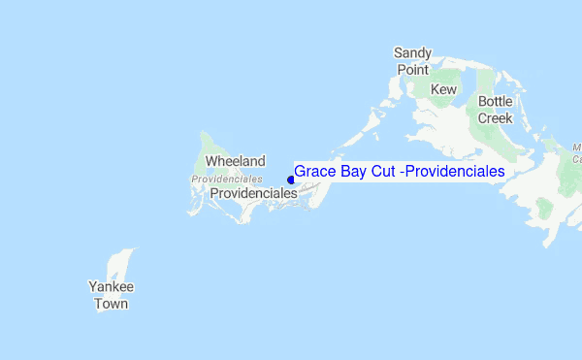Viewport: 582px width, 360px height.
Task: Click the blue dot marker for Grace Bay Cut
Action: tap(290, 179)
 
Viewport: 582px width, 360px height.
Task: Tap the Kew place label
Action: tap(443, 89)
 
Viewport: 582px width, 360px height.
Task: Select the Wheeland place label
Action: tap(235, 162)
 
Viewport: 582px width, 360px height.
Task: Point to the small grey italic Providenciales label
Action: tap(227, 180)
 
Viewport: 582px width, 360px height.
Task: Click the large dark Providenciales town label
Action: tap(253, 193)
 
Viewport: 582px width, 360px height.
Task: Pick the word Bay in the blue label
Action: tap(352, 171)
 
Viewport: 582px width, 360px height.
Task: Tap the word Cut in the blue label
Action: tap(385, 171)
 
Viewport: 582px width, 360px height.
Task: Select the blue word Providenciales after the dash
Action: tap(456, 171)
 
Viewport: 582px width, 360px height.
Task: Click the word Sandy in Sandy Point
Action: tap(412, 52)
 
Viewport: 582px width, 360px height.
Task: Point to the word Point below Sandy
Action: tap(412, 70)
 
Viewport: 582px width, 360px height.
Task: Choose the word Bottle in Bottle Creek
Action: tap(495, 101)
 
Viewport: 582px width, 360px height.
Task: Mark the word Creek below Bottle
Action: tap(495, 118)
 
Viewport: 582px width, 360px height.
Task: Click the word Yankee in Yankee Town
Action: tap(111, 287)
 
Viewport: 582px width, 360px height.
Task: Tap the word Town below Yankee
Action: tap(111, 304)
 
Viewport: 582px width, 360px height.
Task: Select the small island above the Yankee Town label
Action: tap(120, 263)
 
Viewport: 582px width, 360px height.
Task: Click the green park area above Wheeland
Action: tap(206, 144)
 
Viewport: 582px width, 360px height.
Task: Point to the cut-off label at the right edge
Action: tap(576, 152)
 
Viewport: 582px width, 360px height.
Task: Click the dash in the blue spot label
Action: tap(404, 172)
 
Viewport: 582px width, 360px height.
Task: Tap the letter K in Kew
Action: tap(435, 89)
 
